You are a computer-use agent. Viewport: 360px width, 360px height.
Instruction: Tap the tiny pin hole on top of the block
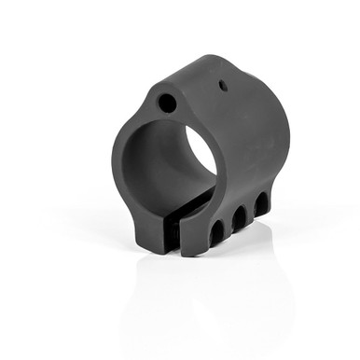click(x=223, y=86)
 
